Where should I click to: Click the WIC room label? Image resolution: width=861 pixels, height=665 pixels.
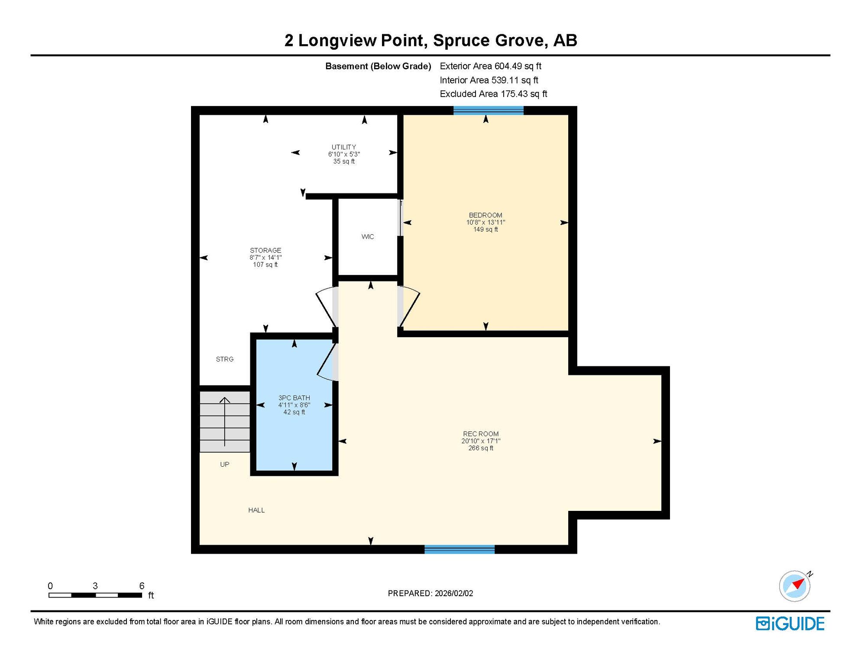(x=368, y=237)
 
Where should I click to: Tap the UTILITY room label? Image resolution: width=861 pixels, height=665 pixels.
(x=344, y=147)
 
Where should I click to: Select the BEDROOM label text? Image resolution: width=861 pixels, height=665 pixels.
(x=486, y=215)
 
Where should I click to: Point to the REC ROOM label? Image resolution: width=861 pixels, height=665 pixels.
(x=481, y=434)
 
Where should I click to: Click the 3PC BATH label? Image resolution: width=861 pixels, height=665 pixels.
(x=294, y=398)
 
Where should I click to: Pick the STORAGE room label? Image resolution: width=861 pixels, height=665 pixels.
(x=265, y=250)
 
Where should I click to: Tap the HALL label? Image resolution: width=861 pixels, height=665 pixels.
(x=256, y=510)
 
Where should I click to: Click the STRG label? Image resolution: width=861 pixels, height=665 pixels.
(x=225, y=359)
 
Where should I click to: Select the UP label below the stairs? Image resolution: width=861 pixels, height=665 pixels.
(x=225, y=465)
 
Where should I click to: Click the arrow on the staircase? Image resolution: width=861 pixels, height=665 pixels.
(x=225, y=422)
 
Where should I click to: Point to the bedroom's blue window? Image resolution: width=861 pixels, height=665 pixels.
(x=489, y=110)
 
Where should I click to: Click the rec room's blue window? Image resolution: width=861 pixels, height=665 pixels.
(x=460, y=549)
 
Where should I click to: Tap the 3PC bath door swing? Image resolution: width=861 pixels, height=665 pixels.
(x=327, y=362)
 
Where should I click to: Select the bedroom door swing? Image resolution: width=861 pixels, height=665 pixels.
(x=409, y=307)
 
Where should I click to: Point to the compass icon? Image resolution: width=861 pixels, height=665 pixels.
(x=795, y=586)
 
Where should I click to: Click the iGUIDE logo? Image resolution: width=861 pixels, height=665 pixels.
(x=790, y=624)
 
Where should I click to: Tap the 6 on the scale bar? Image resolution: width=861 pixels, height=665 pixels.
(x=142, y=586)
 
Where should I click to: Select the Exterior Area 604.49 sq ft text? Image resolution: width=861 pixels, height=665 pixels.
(x=491, y=66)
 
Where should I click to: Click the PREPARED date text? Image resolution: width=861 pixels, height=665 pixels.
(x=430, y=594)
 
